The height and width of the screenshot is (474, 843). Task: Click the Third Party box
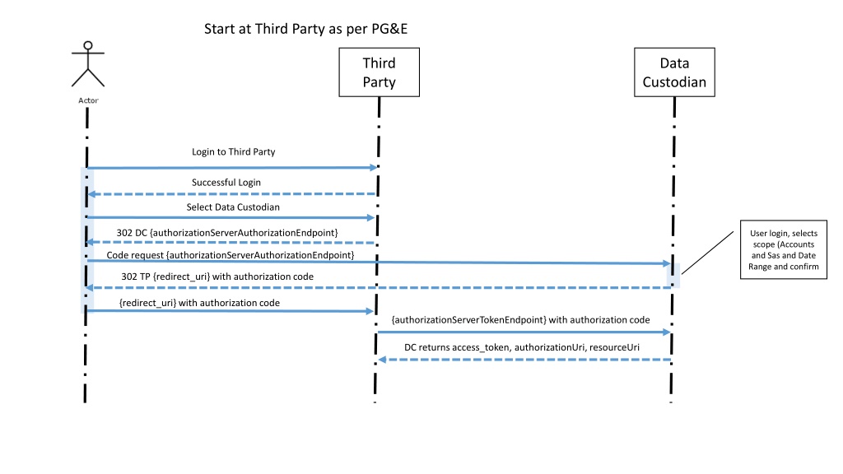[x=379, y=72]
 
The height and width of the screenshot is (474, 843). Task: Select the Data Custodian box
[x=674, y=72]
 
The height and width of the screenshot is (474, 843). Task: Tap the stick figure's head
[x=88, y=46]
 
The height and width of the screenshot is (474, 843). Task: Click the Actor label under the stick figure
[x=88, y=100]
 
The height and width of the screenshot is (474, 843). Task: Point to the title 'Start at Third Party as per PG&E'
[x=306, y=29]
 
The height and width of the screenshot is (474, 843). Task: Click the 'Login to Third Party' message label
[x=233, y=152]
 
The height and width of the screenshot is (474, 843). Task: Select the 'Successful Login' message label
[x=226, y=183]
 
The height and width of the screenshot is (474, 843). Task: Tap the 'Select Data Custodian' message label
[x=233, y=207]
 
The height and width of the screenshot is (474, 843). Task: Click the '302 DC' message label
[x=227, y=233]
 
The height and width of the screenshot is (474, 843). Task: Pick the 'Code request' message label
[x=231, y=255]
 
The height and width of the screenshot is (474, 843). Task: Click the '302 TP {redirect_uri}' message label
[x=217, y=276]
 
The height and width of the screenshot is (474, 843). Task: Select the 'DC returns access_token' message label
[x=522, y=348]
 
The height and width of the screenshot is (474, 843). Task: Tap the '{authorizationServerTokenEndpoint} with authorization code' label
[x=520, y=320]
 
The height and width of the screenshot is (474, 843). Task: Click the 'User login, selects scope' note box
[x=784, y=249]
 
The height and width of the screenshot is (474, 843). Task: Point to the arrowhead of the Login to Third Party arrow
[x=374, y=168]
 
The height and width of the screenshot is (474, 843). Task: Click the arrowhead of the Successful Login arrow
[x=92, y=194]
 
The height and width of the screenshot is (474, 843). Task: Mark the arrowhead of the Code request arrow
[x=667, y=263]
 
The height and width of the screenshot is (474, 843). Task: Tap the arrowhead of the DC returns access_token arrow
[x=382, y=360]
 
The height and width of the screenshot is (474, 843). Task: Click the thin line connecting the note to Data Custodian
[x=707, y=253]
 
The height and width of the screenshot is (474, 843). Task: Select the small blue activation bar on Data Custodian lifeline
[x=673, y=275]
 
